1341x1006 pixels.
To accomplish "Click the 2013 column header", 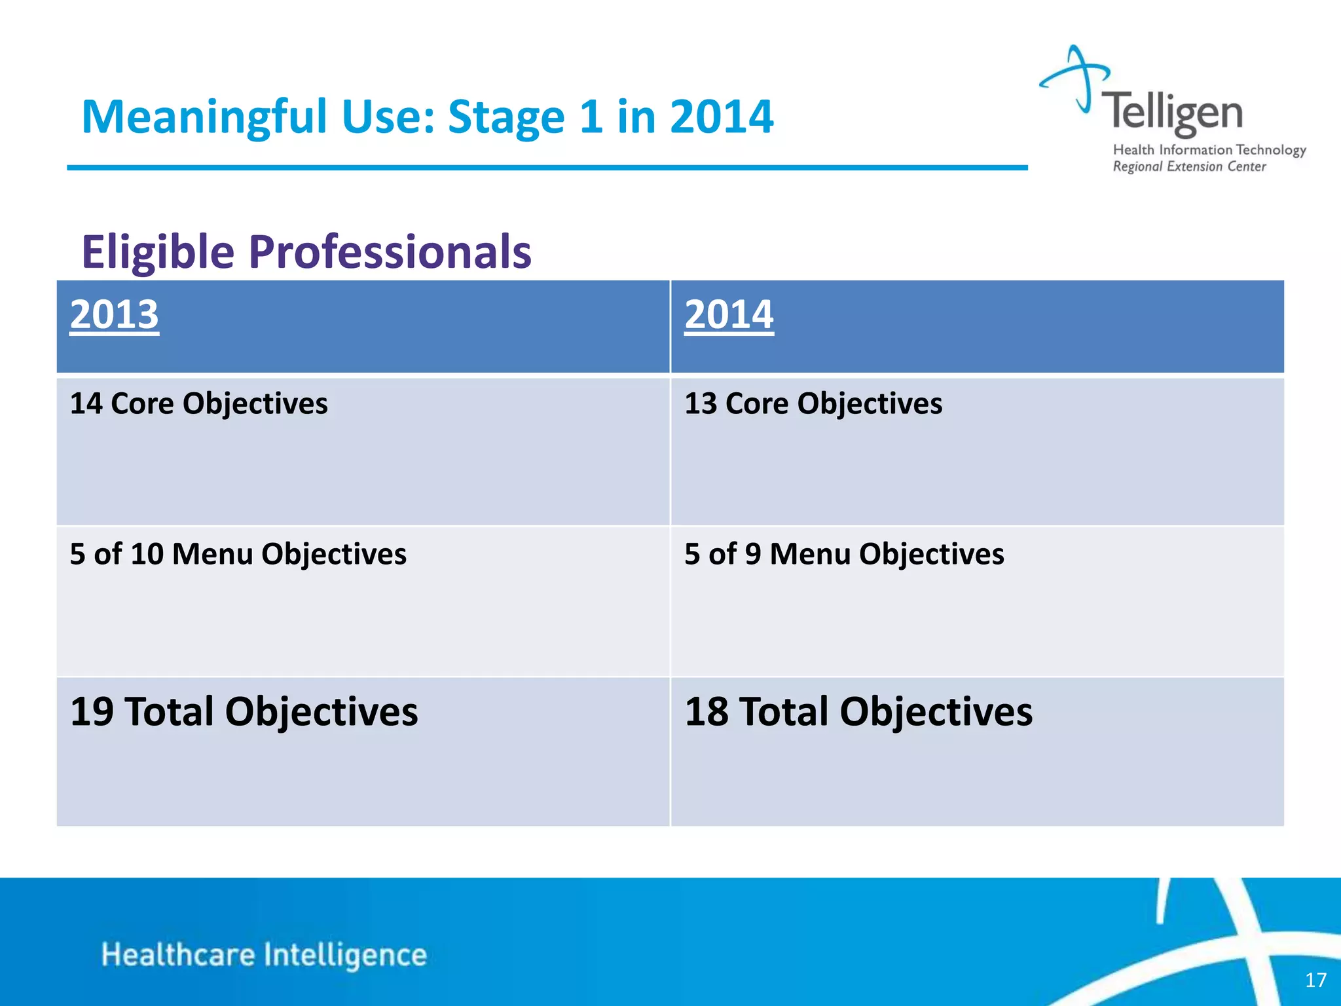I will [x=115, y=315].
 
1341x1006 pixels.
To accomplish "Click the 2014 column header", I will [x=729, y=315].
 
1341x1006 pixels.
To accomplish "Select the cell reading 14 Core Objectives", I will [x=198, y=403].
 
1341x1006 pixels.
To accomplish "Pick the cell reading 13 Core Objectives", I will [x=813, y=403].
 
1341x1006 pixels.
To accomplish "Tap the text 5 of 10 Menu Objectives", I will [x=238, y=554].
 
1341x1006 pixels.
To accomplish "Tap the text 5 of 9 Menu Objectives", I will [x=844, y=554].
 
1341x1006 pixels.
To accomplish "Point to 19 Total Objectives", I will [x=244, y=712].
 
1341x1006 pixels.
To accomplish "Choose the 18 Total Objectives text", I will [x=858, y=712].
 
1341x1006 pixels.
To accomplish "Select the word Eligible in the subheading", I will [x=158, y=252].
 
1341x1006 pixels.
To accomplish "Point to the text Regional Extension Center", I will [x=1189, y=167].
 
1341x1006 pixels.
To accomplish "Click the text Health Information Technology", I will [x=1209, y=150].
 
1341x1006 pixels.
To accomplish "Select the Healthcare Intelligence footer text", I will [x=264, y=955].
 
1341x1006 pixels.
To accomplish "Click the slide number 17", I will [x=1315, y=980].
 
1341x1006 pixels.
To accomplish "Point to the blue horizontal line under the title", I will [x=547, y=168].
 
